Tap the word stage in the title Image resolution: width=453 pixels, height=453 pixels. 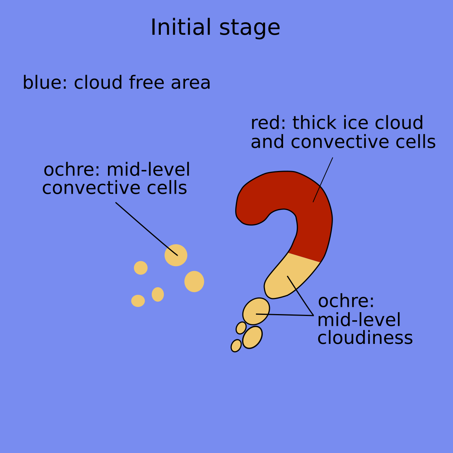point(250,28)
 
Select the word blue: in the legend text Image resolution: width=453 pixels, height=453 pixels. point(45,83)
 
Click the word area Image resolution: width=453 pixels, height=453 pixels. point(191,83)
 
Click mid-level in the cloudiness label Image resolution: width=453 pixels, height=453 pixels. point(359,320)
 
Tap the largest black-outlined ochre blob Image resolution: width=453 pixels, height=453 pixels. point(256,311)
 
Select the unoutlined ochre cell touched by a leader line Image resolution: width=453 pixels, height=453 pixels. point(176,255)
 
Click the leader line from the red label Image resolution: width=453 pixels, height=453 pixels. point(323,179)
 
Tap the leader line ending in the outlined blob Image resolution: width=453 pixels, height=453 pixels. point(285,314)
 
